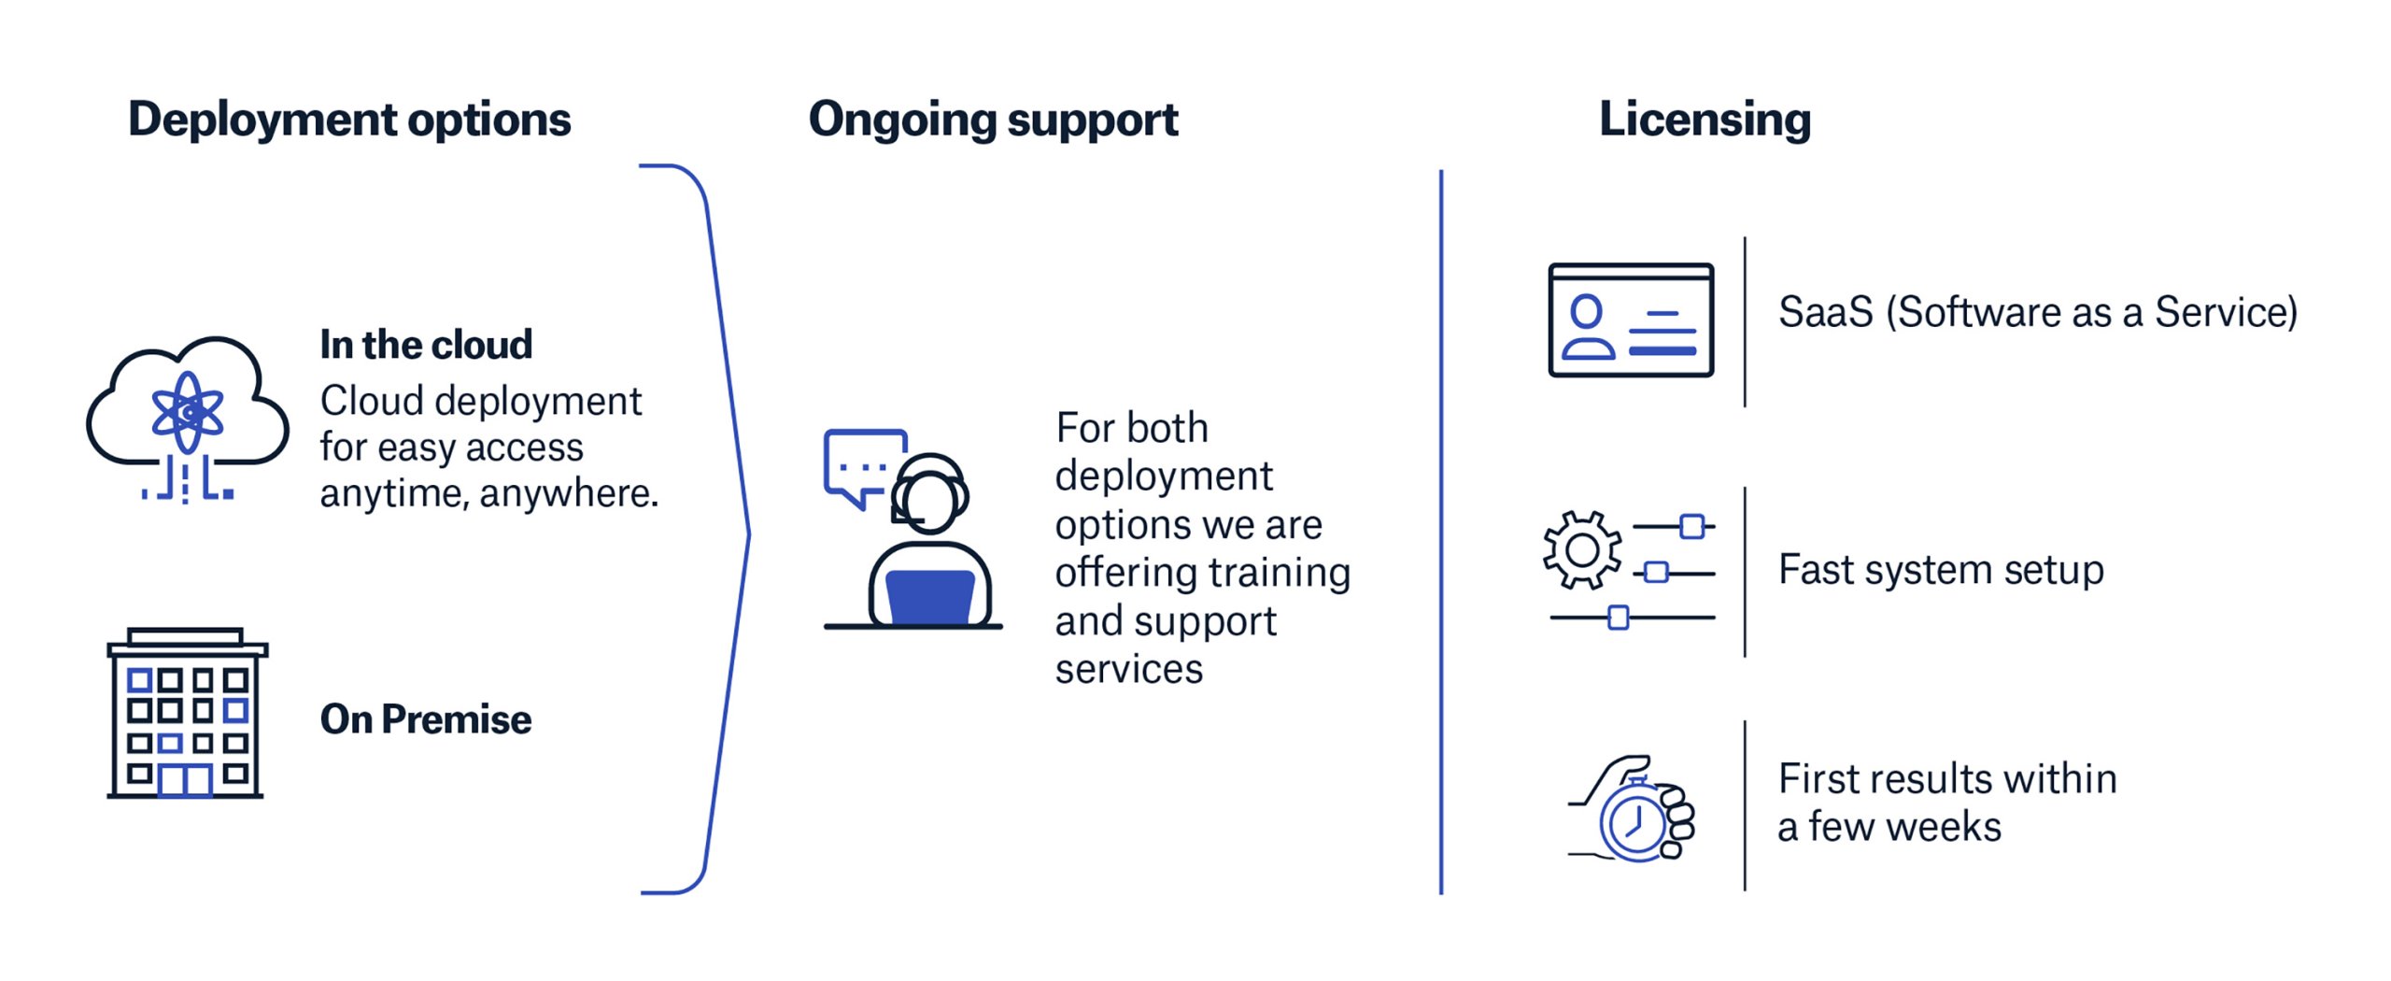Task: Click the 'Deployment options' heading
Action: click(349, 121)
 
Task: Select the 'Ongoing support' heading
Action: click(993, 121)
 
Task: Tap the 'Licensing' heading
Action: click(1705, 121)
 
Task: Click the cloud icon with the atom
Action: click(188, 411)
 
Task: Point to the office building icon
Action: click(186, 714)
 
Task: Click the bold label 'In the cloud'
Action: click(426, 345)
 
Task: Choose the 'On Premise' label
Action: click(426, 719)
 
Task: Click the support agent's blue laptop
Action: click(929, 596)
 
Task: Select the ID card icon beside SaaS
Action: click(1630, 320)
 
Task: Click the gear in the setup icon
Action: click(1581, 550)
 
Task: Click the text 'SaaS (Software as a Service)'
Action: click(2037, 313)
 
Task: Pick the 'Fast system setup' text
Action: click(1941, 570)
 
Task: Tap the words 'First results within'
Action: click(1947, 779)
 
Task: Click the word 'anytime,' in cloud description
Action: click(393, 494)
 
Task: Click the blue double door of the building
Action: click(185, 780)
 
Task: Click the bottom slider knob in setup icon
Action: click(1619, 618)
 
